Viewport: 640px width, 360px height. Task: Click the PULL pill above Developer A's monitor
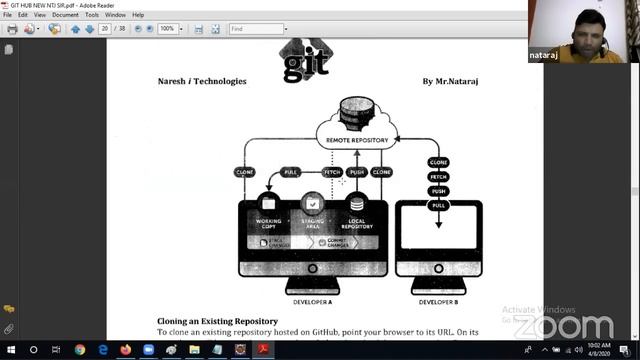(x=292, y=172)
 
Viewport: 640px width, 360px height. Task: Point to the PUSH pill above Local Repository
(x=357, y=172)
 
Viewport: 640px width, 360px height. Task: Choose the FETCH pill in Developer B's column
(x=438, y=176)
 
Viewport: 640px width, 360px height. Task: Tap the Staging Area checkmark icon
(x=313, y=203)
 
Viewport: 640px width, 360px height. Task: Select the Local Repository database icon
(x=356, y=203)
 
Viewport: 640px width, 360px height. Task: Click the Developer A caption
(x=313, y=301)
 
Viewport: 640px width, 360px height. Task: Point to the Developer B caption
(x=438, y=301)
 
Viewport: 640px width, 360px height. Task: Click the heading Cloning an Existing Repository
(x=217, y=321)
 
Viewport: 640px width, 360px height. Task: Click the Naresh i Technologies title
(x=201, y=81)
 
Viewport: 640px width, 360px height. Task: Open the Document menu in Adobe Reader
(x=65, y=15)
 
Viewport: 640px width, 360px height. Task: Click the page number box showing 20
(x=105, y=29)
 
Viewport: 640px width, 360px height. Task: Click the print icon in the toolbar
(x=12, y=29)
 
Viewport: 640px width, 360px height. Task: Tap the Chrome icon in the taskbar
(x=80, y=350)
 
